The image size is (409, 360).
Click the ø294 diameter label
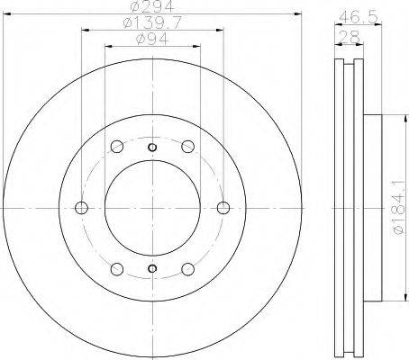[153, 6]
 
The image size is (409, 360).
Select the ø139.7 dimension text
[152, 22]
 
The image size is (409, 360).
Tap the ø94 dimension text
[152, 39]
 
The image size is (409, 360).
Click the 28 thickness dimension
[349, 38]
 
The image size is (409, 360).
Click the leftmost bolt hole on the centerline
[81, 208]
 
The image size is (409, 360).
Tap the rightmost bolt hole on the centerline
[223, 208]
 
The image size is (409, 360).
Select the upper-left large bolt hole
[117, 147]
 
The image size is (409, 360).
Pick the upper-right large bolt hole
[188, 147]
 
